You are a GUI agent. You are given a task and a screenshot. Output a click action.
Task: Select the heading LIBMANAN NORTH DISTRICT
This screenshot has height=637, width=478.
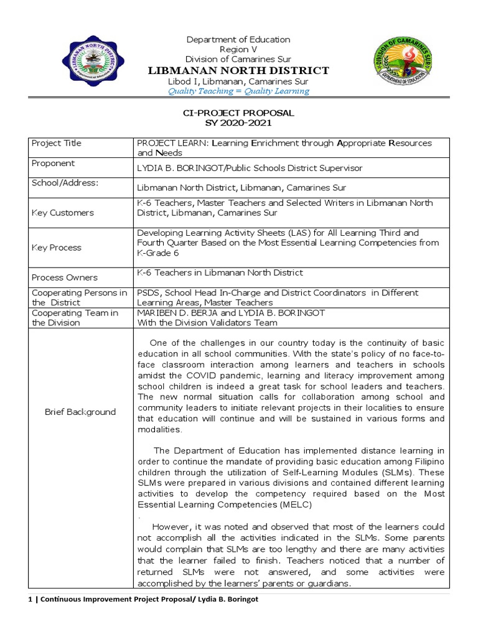[238, 70]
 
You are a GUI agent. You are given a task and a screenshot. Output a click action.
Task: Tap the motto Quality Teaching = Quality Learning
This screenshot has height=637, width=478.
[238, 91]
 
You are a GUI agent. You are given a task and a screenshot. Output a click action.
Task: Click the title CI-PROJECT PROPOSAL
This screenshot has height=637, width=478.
[238, 113]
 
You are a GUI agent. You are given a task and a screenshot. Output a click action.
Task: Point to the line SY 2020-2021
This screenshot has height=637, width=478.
[238, 123]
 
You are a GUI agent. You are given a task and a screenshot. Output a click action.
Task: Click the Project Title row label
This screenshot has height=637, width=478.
[57, 143]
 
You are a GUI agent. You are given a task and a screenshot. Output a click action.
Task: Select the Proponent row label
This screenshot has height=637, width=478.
[53, 163]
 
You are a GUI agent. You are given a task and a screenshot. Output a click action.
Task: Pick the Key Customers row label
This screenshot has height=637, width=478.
[62, 213]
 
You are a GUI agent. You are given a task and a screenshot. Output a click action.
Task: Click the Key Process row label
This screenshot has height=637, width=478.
[57, 248]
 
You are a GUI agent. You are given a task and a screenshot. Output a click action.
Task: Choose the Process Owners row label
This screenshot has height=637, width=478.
[65, 277]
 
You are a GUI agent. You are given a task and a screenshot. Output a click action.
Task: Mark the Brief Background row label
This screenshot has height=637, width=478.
[80, 412]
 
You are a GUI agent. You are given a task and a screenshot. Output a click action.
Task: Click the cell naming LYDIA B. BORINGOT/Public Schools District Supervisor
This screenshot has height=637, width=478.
[250, 169]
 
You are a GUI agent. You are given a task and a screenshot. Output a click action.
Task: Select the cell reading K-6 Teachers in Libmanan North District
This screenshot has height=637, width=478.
[220, 272]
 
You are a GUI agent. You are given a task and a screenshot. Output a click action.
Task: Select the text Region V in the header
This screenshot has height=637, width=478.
[238, 49]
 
